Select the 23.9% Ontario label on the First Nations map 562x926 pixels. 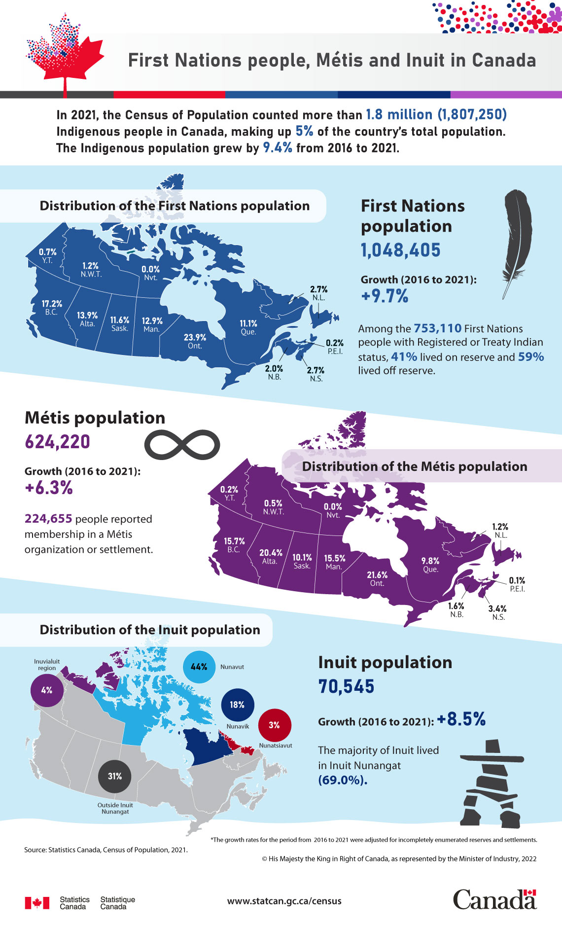(x=195, y=341)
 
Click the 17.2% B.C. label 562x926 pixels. (x=51, y=308)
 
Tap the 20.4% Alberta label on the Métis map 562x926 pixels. (x=271, y=557)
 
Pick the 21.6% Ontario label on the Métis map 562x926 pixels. (x=377, y=579)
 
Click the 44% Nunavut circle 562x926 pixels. (x=199, y=667)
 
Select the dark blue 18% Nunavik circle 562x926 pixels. (x=238, y=705)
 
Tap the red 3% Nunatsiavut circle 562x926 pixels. (x=275, y=725)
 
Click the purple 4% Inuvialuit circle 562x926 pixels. (x=47, y=690)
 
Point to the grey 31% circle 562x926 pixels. (x=115, y=776)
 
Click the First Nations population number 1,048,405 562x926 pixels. (x=401, y=250)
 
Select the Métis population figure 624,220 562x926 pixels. (x=57, y=441)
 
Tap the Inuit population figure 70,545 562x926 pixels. (x=346, y=686)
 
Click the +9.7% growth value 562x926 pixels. (x=385, y=296)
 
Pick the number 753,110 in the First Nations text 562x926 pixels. (x=437, y=328)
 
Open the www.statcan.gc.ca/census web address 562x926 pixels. (x=284, y=901)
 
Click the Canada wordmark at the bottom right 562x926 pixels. (x=494, y=899)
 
